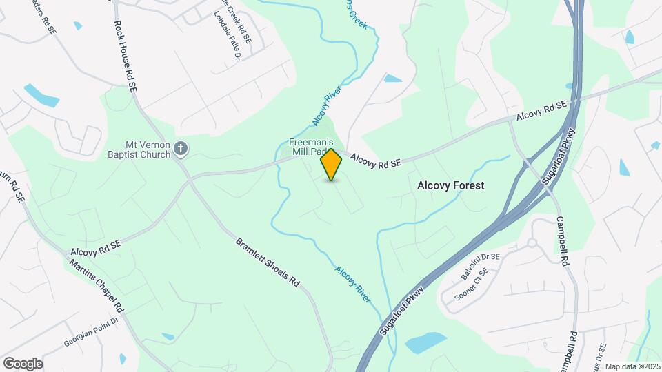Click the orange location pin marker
click(x=332, y=165)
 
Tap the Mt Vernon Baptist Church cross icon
click(x=181, y=148)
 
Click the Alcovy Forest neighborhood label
click(x=451, y=185)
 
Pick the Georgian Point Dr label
click(x=92, y=321)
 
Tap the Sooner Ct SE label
click(x=470, y=286)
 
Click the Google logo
click(x=23, y=364)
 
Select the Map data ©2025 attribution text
click(x=632, y=366)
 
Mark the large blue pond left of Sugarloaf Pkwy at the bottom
click(x=425, y=342)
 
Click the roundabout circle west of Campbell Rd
click(x=532, y=242)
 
